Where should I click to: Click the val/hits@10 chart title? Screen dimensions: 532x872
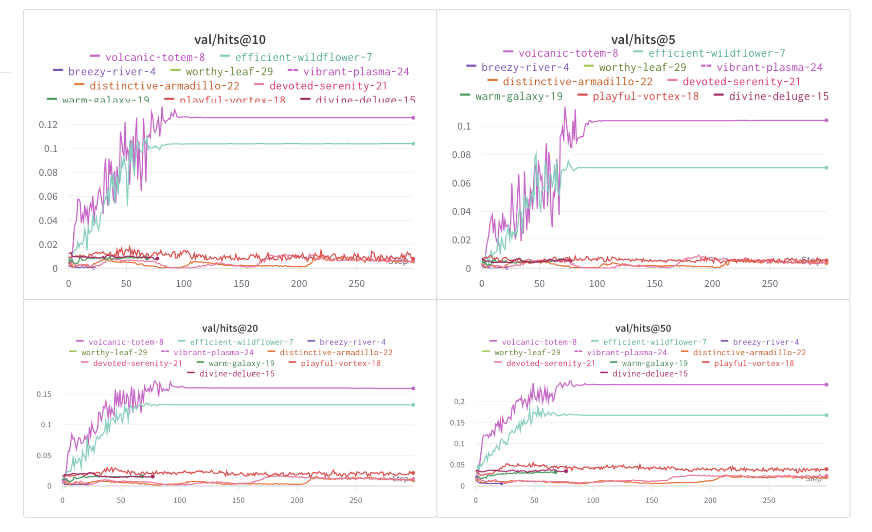coord(230,40)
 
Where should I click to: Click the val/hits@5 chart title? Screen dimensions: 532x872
coord(643,40)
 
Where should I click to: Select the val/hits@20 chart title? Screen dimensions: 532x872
coord(230,328)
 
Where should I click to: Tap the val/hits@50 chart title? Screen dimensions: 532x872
coord(643,328)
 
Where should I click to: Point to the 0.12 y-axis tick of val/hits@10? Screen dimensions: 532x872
coord(48,125)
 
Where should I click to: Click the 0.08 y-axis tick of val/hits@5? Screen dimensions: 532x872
coord(461,154)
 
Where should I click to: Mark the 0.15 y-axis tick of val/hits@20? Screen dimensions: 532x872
coord(44,394)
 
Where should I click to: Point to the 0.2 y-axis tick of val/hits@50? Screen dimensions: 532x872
coord(459,402)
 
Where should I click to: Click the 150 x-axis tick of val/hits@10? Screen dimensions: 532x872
coord(241,284)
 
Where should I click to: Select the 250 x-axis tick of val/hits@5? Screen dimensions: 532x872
coord(769,284)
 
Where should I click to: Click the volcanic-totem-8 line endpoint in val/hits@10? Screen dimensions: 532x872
coord(413,118)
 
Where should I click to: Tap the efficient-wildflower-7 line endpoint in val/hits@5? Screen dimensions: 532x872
coord(826,168)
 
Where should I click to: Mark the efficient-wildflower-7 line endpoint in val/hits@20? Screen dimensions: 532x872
coord(413,405)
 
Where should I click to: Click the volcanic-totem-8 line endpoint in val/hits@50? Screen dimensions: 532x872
coord(826,384)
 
